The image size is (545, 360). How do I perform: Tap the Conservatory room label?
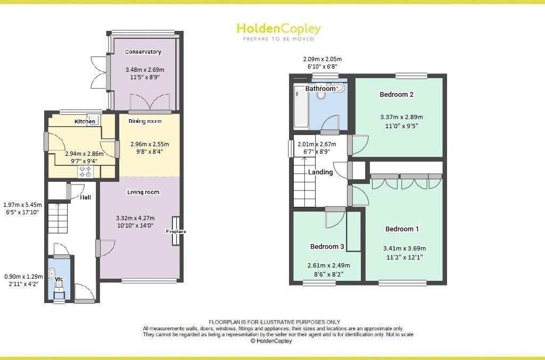pos(143,52)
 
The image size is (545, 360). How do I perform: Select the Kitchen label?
pos(85,122)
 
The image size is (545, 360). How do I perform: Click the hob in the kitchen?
pos(85,171)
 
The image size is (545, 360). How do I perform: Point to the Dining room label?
pos(145,121)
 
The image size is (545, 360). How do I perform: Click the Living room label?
pos(143,192)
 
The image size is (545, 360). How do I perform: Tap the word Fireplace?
pos(176,232)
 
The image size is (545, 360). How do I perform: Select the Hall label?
pos(85,197)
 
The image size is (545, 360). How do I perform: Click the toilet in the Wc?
pos(52,274)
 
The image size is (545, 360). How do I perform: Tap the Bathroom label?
pos(320,89)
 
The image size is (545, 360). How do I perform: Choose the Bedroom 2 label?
pos(397,95)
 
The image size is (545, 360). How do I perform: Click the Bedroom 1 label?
pos(402,229)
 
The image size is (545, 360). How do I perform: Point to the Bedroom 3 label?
pos(327,247)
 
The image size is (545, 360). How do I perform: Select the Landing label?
pos(320,172)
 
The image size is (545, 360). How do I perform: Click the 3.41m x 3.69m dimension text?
pos(404,248)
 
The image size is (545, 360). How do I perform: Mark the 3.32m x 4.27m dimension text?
pos(135,218)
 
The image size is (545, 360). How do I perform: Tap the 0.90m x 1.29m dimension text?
pos(23,277)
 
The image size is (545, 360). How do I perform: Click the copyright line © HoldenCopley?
pos(271,341)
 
